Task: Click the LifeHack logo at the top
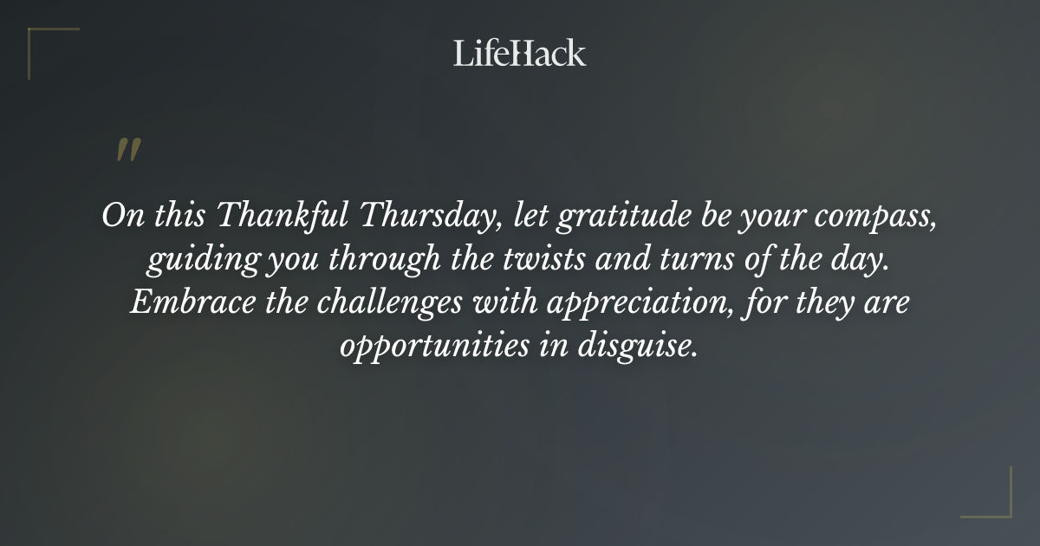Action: click(520, 53)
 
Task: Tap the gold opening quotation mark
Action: click(127, 150)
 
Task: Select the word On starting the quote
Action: click(118, 215)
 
